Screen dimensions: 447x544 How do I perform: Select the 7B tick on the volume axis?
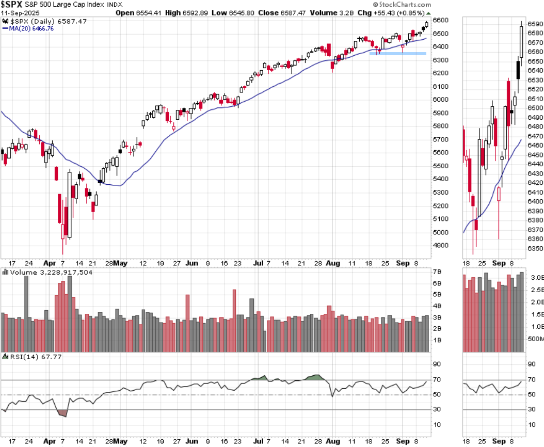pos(437,272)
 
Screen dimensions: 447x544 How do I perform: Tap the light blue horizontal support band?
pos(397,53)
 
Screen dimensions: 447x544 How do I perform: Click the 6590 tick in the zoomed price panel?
pos(536,24)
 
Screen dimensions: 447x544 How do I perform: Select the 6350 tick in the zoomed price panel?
pos(536,248)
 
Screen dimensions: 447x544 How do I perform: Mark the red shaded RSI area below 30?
pos(62,413)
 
